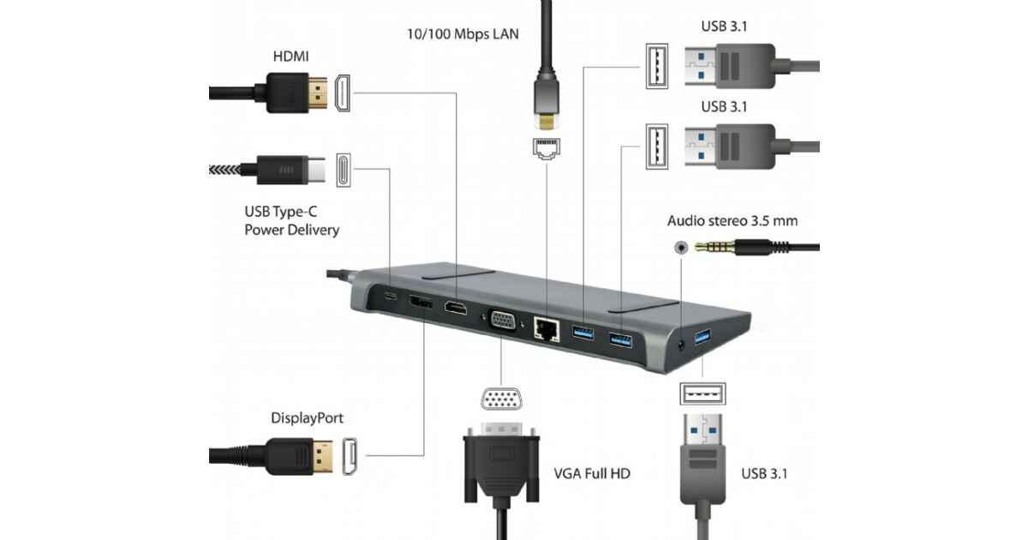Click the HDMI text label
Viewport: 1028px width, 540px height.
(291, 57)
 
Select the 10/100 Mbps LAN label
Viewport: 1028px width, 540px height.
(463, 34)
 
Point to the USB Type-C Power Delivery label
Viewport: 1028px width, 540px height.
(292, 221)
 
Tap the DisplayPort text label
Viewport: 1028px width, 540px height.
(308, 418)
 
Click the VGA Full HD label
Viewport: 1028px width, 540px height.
(592, 472)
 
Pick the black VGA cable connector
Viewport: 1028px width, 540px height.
(502, 464)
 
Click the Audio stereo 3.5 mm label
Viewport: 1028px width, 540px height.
(732, 221)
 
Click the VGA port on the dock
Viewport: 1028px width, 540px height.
(503, 321)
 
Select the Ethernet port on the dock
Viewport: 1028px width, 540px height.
(545, 327)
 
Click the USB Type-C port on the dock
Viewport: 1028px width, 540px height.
(391, 297)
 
